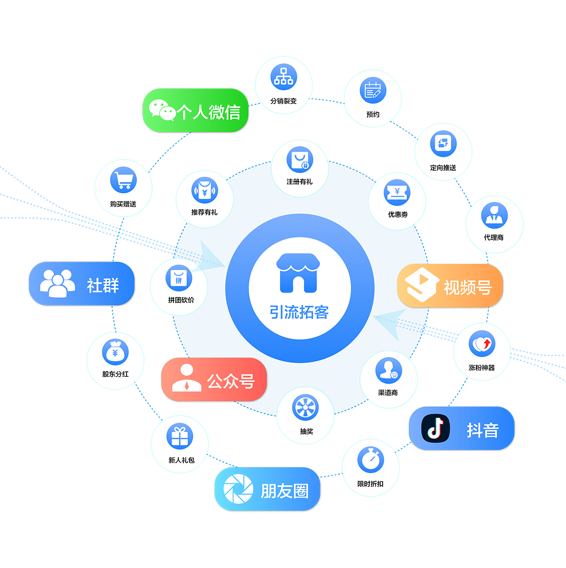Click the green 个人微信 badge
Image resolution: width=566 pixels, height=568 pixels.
196,111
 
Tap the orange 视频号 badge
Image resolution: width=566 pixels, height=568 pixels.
449,286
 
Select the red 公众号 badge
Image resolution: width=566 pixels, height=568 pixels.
214,380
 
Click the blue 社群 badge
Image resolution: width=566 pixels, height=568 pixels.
82,284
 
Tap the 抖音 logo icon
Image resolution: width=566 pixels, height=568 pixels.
435,428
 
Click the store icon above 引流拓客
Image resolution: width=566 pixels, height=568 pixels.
298,273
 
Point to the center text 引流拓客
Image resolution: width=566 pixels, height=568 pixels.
299,312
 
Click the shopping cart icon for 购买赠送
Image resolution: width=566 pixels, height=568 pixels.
123,180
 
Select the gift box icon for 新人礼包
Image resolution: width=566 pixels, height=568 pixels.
180,436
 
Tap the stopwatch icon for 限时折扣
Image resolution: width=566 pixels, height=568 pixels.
371,459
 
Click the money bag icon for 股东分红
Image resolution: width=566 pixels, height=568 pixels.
116,352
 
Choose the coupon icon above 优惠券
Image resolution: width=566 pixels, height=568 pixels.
397,193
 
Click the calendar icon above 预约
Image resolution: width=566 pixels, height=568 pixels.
373,91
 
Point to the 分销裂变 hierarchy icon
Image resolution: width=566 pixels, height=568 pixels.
283,77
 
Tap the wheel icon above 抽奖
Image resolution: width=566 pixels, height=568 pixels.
306,408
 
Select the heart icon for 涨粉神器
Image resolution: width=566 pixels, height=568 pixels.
482,344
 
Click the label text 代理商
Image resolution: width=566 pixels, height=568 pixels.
494,238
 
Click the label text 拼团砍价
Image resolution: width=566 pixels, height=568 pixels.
181,300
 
